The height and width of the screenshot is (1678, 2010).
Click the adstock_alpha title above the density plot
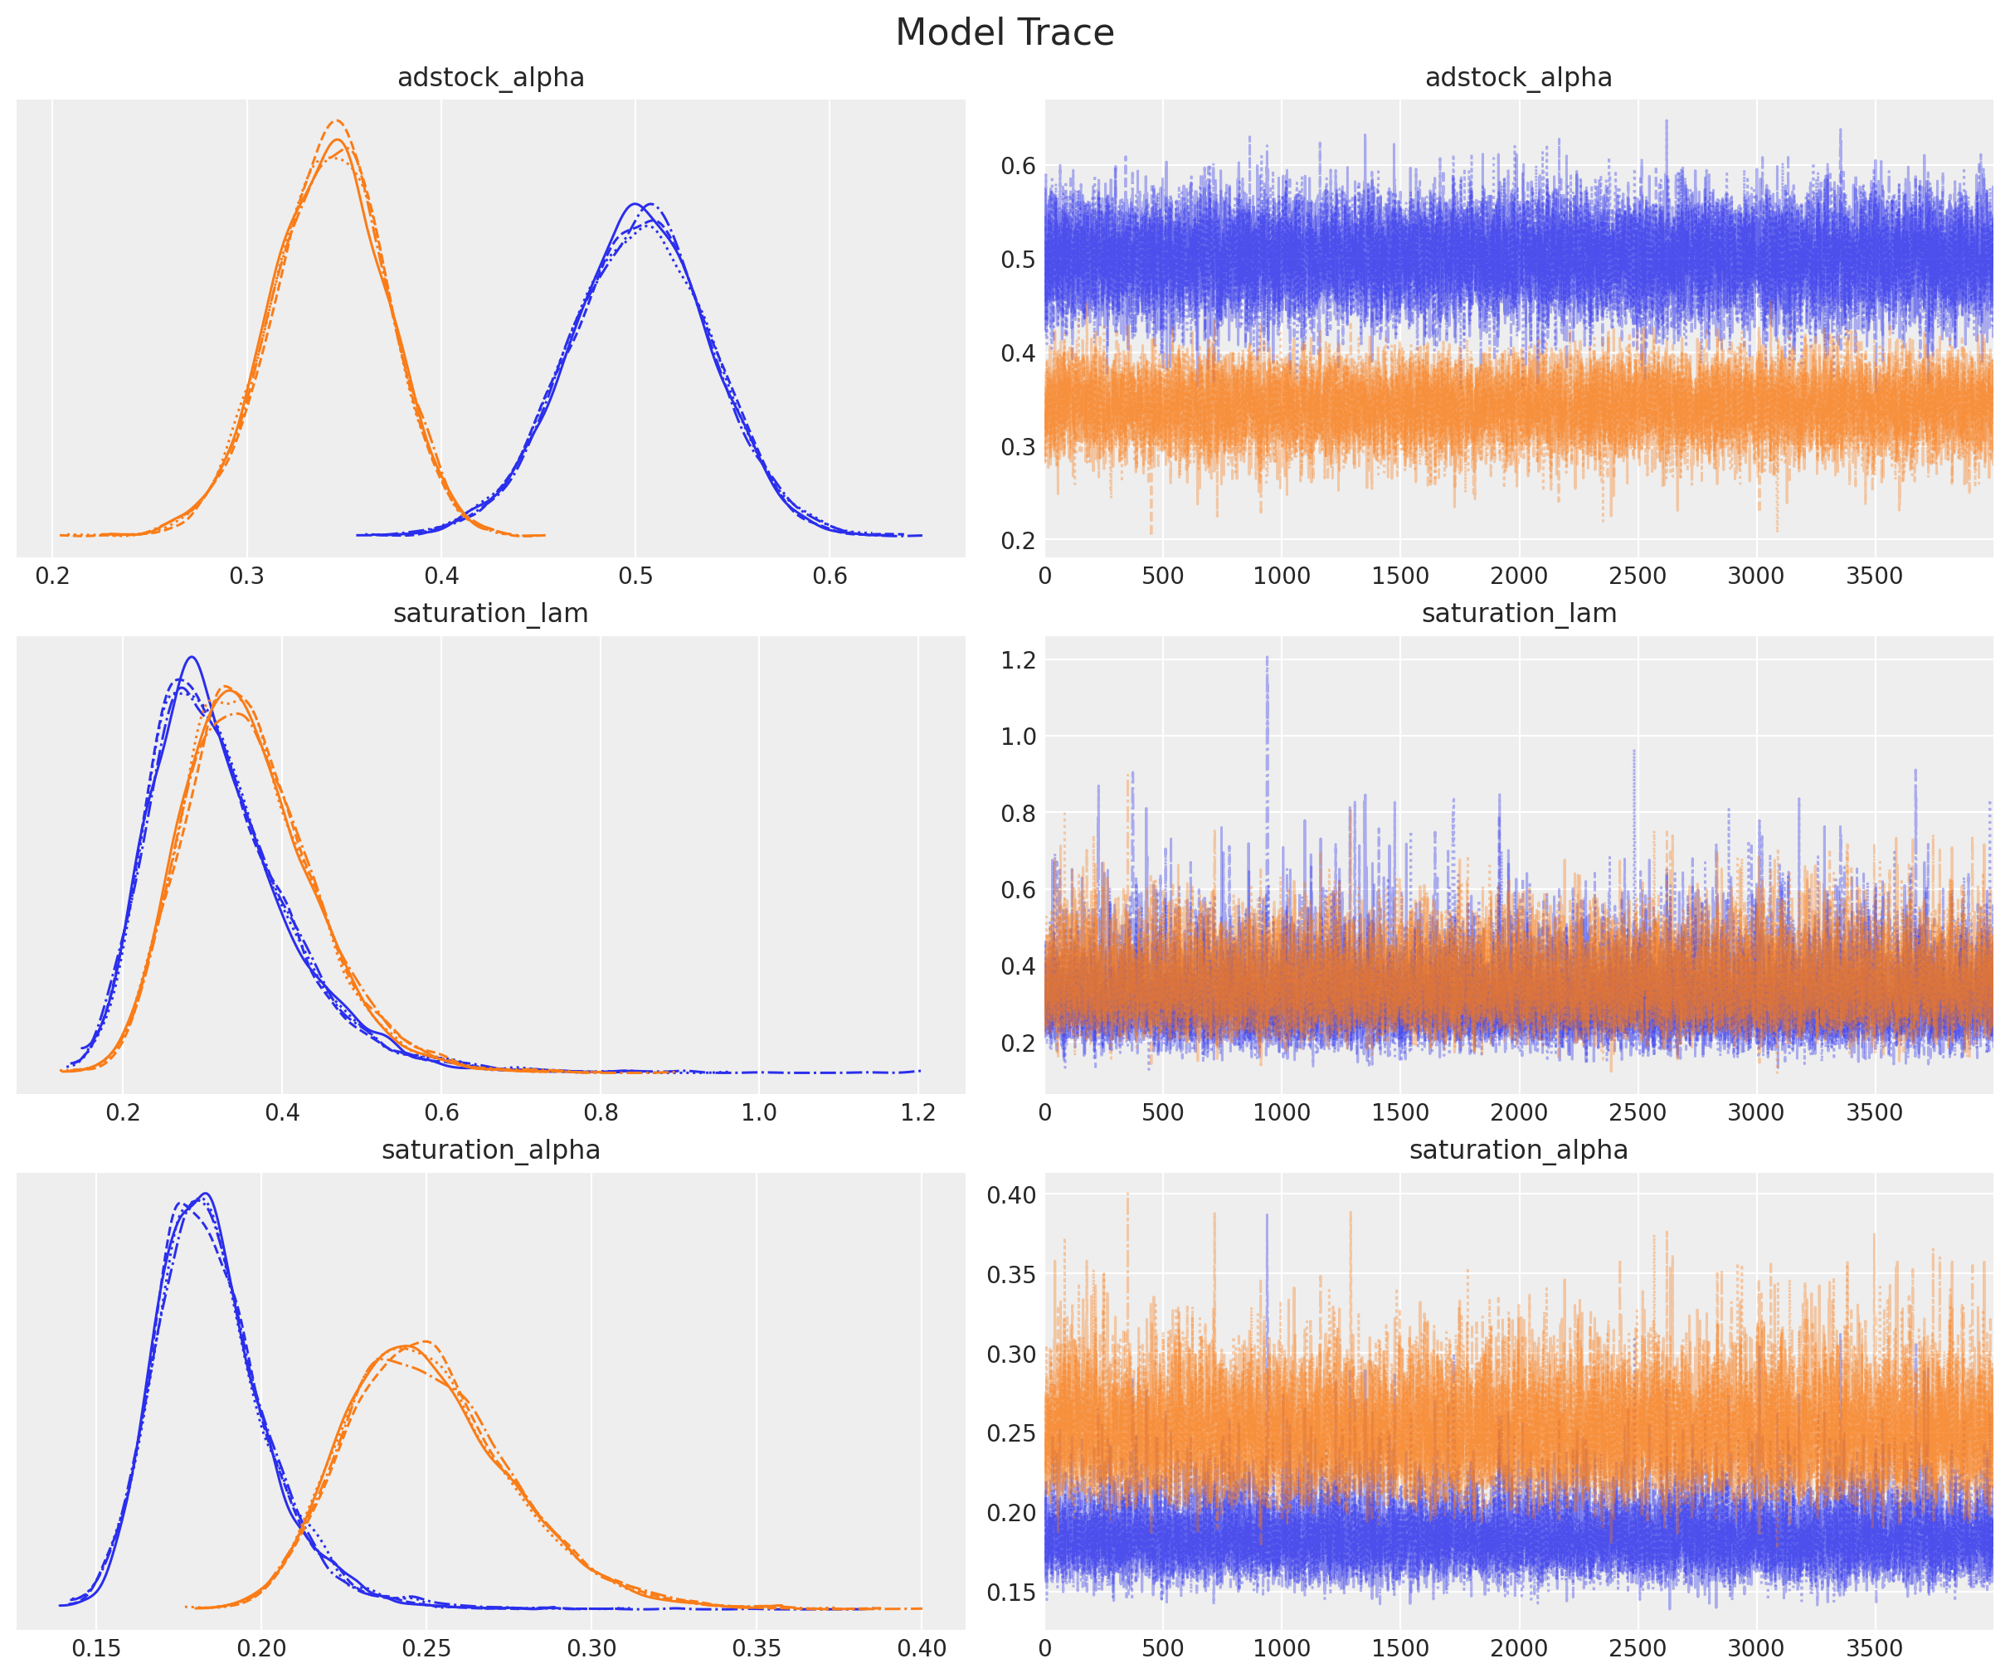490,77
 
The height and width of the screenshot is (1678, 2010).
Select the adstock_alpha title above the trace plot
1518,77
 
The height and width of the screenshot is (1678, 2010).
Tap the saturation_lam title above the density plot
490,614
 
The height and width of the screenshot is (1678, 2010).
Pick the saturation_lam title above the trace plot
1518,614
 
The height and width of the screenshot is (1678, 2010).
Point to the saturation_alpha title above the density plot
490,1150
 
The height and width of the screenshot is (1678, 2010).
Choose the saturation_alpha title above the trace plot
1518,1150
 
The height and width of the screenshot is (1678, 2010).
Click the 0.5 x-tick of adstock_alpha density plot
635,576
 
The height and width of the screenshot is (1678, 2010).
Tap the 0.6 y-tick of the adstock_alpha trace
1017,166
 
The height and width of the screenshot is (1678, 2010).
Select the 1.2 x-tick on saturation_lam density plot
918,1112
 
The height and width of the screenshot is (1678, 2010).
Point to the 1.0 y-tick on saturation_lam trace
1017,736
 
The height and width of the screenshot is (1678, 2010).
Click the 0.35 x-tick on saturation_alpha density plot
757,1648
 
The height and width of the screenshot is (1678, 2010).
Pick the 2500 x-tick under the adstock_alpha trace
1637,576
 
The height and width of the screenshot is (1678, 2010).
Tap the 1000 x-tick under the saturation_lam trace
1281,1112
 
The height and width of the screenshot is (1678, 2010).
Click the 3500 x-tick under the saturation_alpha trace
1874,1648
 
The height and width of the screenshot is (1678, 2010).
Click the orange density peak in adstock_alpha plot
336,123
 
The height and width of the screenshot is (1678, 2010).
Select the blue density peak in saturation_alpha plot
204,1194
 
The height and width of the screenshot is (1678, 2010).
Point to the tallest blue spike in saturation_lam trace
1268,658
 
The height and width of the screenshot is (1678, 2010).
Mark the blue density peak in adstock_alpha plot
635,204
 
